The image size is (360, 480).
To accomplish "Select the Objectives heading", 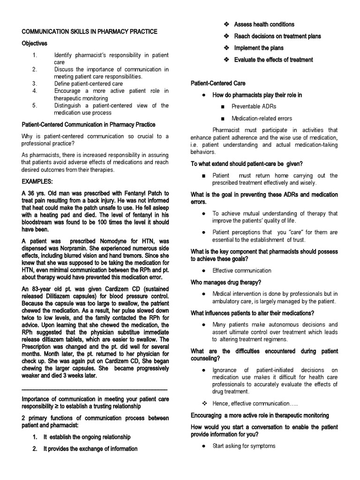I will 35,43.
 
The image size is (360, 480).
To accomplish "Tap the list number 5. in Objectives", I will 35,105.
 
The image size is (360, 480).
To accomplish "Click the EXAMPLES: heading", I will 39,180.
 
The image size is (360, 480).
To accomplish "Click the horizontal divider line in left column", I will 94,390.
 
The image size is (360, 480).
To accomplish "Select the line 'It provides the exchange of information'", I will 90,449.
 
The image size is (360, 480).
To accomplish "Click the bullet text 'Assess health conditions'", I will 264,24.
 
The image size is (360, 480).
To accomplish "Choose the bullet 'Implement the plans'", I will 259,48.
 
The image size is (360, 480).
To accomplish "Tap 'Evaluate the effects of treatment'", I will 273,60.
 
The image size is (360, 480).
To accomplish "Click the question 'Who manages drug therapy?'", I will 226,282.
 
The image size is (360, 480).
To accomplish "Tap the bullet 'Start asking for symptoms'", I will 244,446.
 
